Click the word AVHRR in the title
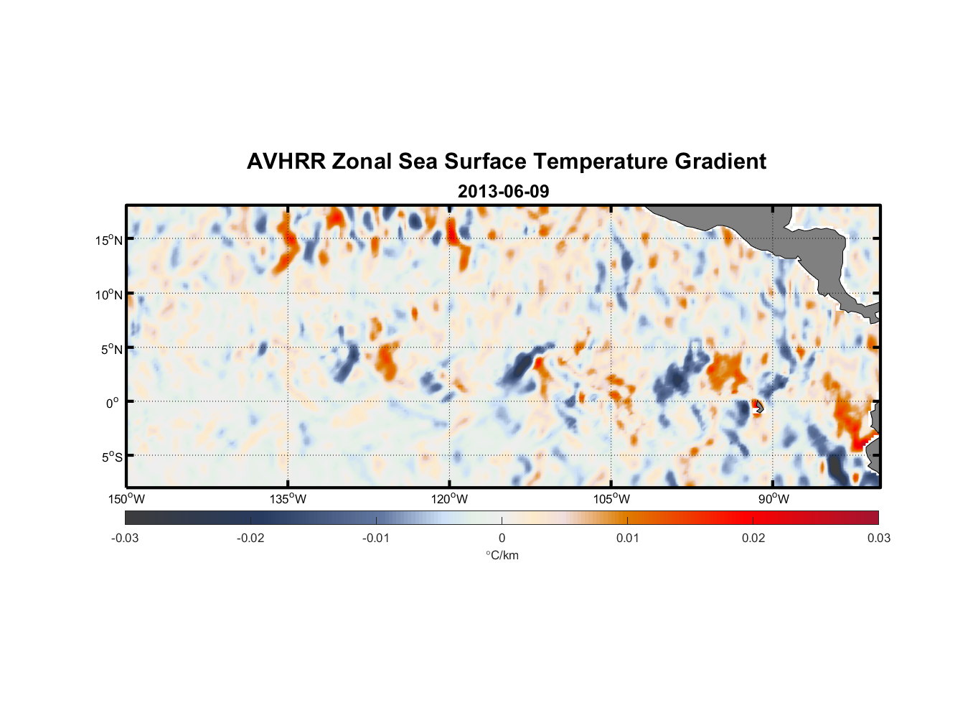click(x=286, y=162)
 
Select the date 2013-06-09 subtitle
click(x=503, y=192)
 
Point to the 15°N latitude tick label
click(x=109, y=240)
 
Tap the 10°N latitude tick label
click(x=109, y=294)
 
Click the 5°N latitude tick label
click(x=112, y=349)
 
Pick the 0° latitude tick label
click(x=113, y=403)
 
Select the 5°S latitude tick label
click(x=112, y=457)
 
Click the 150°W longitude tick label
click(x=127, y=499)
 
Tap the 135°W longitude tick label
click(x=288, y=499)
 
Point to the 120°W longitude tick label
click(x=450, y=499)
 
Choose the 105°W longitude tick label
click(x=611, y=499)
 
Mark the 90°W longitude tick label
click(x=774, y=499)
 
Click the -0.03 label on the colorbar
click(x=125, y=538)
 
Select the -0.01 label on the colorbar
click(x=376, y=538)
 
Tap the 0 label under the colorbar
click(x=502, y=538)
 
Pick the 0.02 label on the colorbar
click(x=753, y=538)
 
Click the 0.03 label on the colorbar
click(x=878, y=538)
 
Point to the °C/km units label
click(x=502, y=555)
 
